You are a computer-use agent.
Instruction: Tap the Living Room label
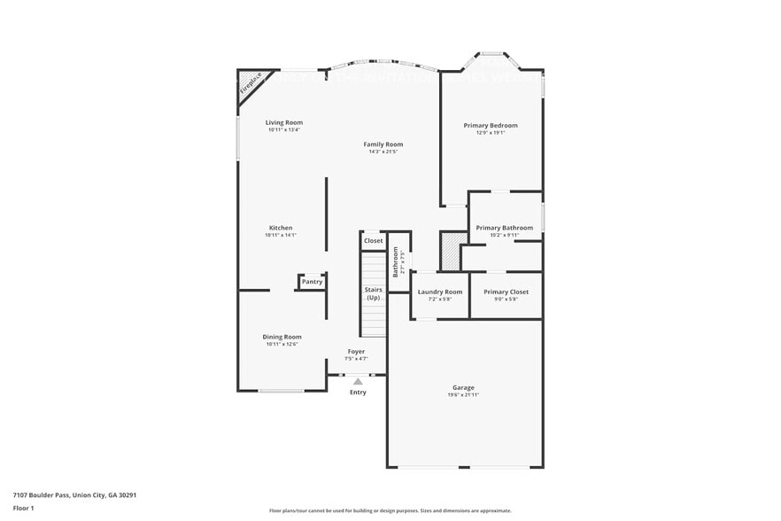pyautogui.click(x=284, y=122)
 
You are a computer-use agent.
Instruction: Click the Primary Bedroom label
pyautogui.click(x=491, y=125)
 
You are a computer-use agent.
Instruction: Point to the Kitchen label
pyautogui.click(x=281, y=228)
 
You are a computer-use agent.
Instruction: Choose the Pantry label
pyautogui.click(x=312, y=282)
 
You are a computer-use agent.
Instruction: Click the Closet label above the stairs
pyautogui.click(x=373, y=241)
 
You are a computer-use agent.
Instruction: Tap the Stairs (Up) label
pyautogui.click(x=373, y=293)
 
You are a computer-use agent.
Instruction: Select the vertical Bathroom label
pyautogui.click(x=396, y=262)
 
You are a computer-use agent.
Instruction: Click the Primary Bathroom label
pyautogui.click(x=504, y=228)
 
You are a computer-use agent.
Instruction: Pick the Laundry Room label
pyautogui.click(x=440, y=292)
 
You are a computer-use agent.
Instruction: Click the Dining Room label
pyautogui.click(x=282, y=337)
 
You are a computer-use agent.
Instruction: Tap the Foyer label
pyautogui.click(x=356, y=352)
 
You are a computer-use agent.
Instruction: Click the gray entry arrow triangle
pyautogui.click(x=358, y=382)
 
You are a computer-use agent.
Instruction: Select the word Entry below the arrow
pyautogui.click(x=358, y=392)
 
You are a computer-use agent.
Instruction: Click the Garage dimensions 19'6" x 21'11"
pyautogui.click(x=463, y=394)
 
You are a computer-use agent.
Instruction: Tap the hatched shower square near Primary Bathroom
pyautogui.click(x=452, y=250)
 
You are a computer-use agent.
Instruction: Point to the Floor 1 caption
pyautogui.click(x=23, y=508)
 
